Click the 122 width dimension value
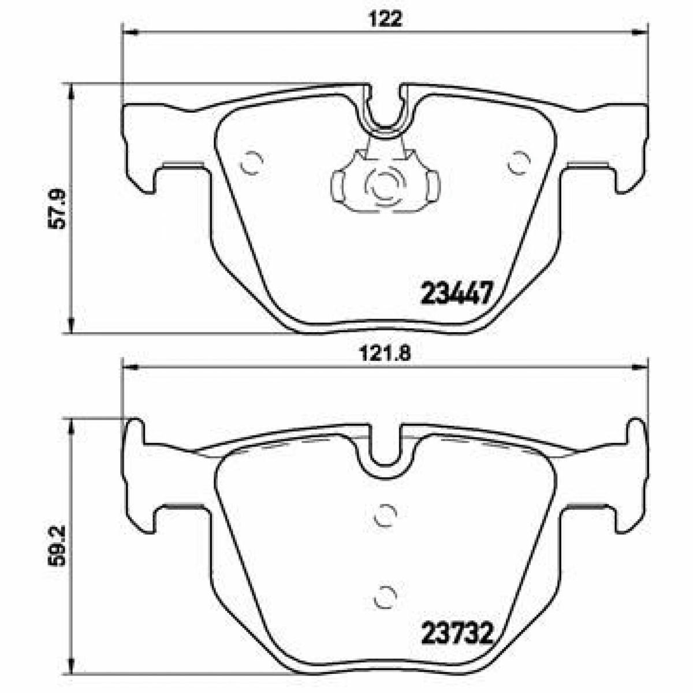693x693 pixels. (x=385, y=20)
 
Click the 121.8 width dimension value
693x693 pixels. (x=385, y=355)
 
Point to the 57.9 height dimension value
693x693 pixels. (x=57, y=209)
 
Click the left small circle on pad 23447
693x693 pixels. (x=252, y=162)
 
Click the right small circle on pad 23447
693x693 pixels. (x=519, y=162)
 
